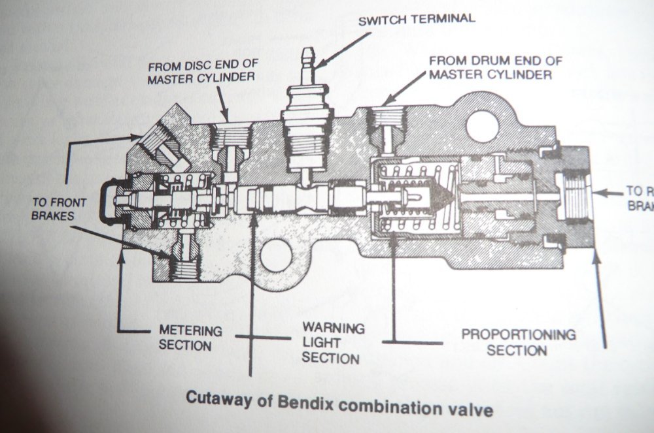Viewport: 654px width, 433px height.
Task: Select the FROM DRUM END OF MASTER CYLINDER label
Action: (495, 67)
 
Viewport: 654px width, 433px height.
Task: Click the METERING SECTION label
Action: (191, 338)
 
